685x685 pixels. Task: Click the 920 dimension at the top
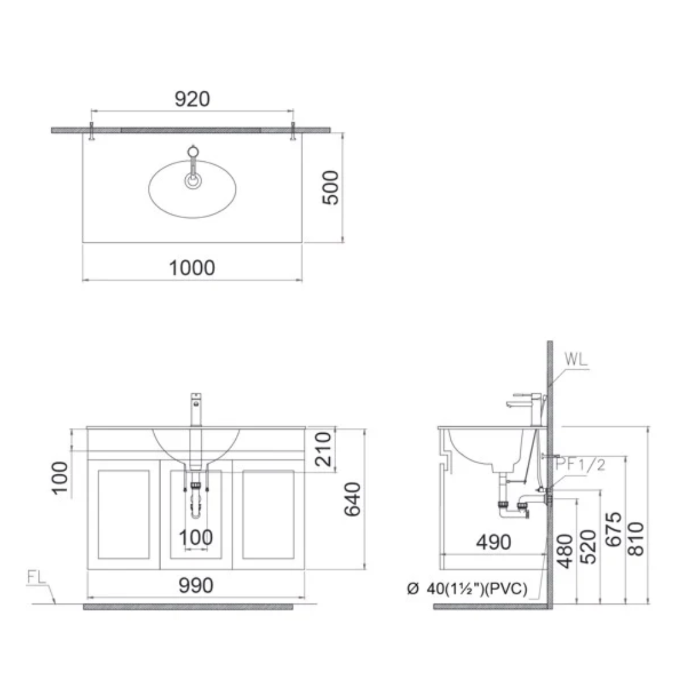[x=192, y=99]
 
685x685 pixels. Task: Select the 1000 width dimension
[x=192, y=268]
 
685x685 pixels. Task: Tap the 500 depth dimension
[x=330, y=187]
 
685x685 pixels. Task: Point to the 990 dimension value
[x=196, y=585]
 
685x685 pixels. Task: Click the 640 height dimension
[x=353, y=499]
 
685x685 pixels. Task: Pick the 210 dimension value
[x=323, y=449]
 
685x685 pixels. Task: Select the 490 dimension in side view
[x=493, y=542]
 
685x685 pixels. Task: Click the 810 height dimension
[x=636, y=538]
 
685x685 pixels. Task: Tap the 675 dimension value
[x=613, y=530]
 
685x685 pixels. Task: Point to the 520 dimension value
[x=588, y=547]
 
